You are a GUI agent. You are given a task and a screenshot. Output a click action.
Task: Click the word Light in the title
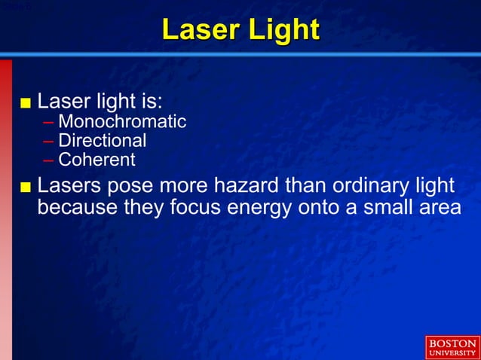(283, 30)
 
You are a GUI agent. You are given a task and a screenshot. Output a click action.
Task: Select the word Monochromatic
(122, 121)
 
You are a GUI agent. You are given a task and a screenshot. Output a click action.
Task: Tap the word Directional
(103, 141)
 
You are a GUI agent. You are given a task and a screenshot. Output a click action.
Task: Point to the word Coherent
(97, 160)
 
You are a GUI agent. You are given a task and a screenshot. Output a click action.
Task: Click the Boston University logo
(452, 347)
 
